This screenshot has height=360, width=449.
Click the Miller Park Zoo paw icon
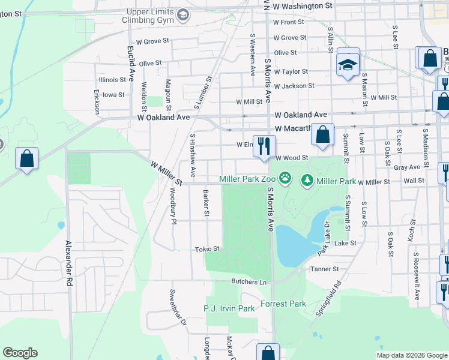286,179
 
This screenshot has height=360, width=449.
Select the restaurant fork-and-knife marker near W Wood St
264,146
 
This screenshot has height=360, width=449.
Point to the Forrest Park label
283,304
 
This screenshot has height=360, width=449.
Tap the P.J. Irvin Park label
229,308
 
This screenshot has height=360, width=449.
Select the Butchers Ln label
249,281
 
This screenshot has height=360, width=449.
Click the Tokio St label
207,249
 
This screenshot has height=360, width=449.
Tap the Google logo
20,353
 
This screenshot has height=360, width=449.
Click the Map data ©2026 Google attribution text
412,355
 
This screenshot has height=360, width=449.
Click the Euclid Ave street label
130,64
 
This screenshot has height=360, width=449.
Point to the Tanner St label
325,269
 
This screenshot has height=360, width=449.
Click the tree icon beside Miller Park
307,179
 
